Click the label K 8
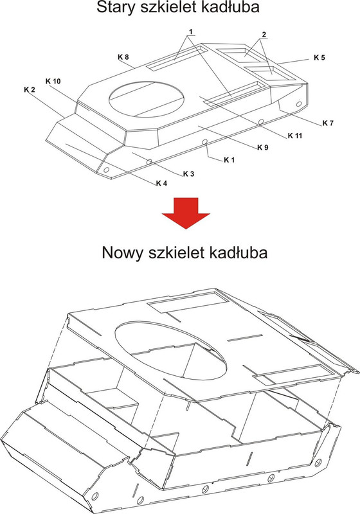(123, 57)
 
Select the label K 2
(29, 89)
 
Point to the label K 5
(319, 58)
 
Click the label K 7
(327, 122)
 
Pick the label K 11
(295, 135)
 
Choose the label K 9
(262, 148)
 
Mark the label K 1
(229, 159)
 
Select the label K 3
(188, 173)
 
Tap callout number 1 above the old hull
(192, 31)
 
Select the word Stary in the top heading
(115, 9)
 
